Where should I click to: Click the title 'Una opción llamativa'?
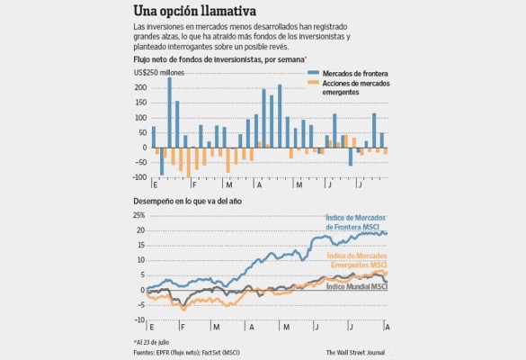[x=193, y=12]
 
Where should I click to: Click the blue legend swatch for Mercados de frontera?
[x=314, y=71]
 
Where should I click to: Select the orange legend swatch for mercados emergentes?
[x=314, y=83]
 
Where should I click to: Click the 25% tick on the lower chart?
[x=140, y=216]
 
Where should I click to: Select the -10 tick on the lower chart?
[x=141, y=319]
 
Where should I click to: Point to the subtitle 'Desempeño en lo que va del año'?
[x=189, y=203]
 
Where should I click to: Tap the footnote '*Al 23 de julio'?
[x=156, y=343]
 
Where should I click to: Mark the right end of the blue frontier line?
[x=388, y=233]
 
